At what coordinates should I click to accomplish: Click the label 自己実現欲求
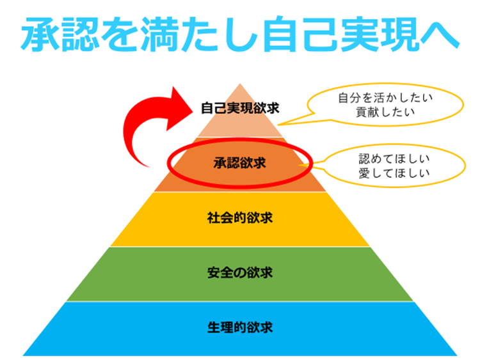coord(240,108)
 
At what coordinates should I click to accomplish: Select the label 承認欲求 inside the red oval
coord(240,162)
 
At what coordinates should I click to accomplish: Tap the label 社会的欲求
coord(240,218)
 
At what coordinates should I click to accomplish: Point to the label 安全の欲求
coord(240,272)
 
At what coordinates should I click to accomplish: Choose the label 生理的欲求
coord(240,327)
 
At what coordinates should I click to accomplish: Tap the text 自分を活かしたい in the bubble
coord(385,98)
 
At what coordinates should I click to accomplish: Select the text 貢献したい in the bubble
coord(385,112)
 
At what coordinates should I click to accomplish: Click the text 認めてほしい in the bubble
coord(394,159)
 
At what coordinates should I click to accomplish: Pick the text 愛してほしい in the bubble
coord(394,173)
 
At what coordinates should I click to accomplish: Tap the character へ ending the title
coord(440,35)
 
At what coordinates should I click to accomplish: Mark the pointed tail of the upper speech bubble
coord(278,125)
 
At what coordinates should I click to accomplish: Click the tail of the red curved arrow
coord(149,167)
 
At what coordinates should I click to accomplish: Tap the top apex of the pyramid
coord(240,84)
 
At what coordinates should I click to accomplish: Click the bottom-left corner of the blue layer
coord(23,356)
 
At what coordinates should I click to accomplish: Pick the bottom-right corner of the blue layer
coord(457,356)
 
